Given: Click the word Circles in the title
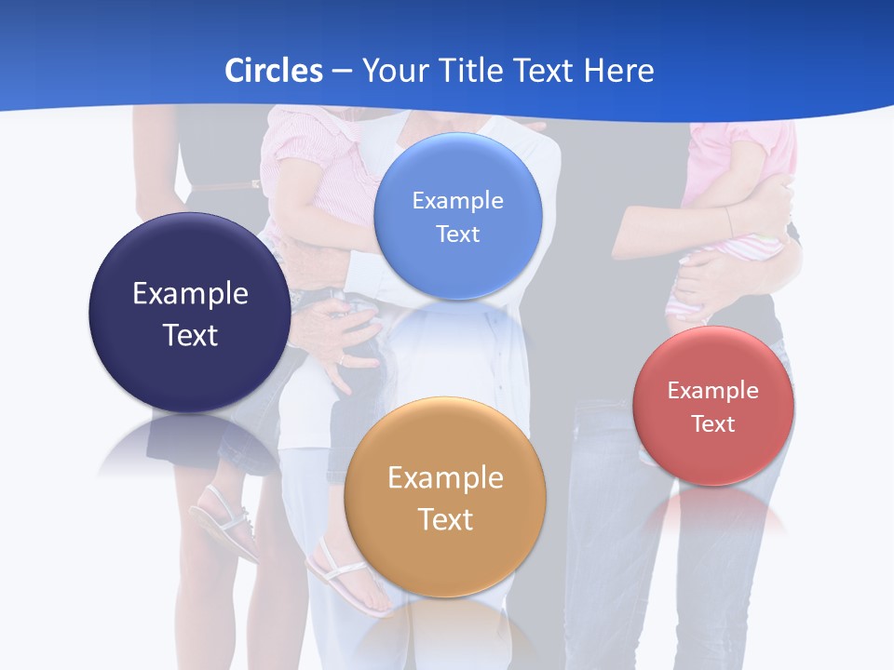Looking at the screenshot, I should click(x=273, y=71).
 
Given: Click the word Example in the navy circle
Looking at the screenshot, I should click(x=190, y=294).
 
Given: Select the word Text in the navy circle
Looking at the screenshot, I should click(x=190, y=335).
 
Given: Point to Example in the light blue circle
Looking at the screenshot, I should click(x=457, y=201).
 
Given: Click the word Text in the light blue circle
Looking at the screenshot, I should click(x=457, y=234).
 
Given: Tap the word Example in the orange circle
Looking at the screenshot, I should click(x=445, y=478).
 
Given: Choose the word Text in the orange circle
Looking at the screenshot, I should click(x=445, y=519).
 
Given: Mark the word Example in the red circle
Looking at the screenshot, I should click(x=713, y=391).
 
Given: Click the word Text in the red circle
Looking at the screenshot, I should click(x=713, y=424).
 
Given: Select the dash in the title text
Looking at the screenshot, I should click(x=341, y=71).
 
